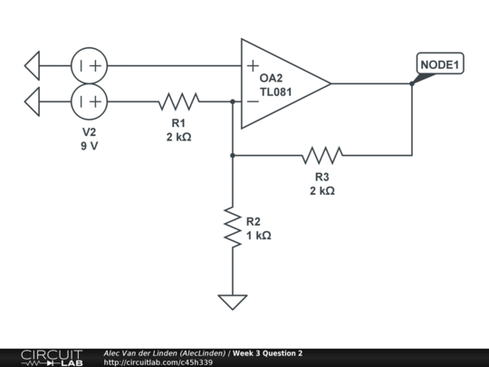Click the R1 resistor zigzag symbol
pyautogui.click(x=179, y=101)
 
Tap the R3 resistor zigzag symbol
pyautogui.click(x=323, y=155)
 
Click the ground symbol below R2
pyautogui.click(x=233, y=301)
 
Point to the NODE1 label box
pyautogui.click(x=440, y=64)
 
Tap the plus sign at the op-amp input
pyautogui.click(x=252, y=66)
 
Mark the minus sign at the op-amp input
pyautogui.click(x=252, y=101)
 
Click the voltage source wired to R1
pyautogui.click(x=90, y=101)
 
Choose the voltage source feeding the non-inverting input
pyautogui.click(x=90, y=65)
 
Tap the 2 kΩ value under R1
pyautogui.click(x=178, y=137)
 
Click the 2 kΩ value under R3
pyautogui.click(x=323, y=190)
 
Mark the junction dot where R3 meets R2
pyautogui.click(x=233, y=155)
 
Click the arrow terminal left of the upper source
pyautogui.click(x=33, y=65)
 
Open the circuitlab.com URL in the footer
pyautogui.click(x=158, y=362)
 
